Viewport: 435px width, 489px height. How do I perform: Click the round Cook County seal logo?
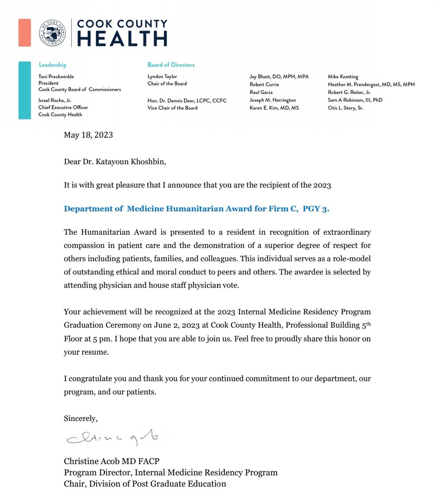(53, 33)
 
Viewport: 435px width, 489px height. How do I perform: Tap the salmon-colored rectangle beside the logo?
(24, 33)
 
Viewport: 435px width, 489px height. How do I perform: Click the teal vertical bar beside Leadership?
(24, 90)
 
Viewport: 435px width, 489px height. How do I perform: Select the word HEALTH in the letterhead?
(122, 39)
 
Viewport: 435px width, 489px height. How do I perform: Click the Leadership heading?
(52, 65)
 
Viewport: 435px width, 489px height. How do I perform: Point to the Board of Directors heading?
(171, 65)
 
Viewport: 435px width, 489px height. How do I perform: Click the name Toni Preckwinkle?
(56, 77)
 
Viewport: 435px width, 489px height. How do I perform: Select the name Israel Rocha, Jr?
(55, 100)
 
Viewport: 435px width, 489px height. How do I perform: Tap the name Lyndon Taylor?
(162, 77)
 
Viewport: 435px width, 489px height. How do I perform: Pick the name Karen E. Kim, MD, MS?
(274, 108)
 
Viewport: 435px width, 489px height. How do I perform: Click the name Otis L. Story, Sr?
(345, 108)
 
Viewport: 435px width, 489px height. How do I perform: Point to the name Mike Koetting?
(343, 77)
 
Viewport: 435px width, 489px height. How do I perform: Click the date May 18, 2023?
(88, 135)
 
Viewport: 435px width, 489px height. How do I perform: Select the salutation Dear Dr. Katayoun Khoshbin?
(115, 162)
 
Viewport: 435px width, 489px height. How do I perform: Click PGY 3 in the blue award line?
(316, 209)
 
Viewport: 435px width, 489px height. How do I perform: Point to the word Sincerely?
(81, 419)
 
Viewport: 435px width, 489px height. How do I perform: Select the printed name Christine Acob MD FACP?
(111, 461)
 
